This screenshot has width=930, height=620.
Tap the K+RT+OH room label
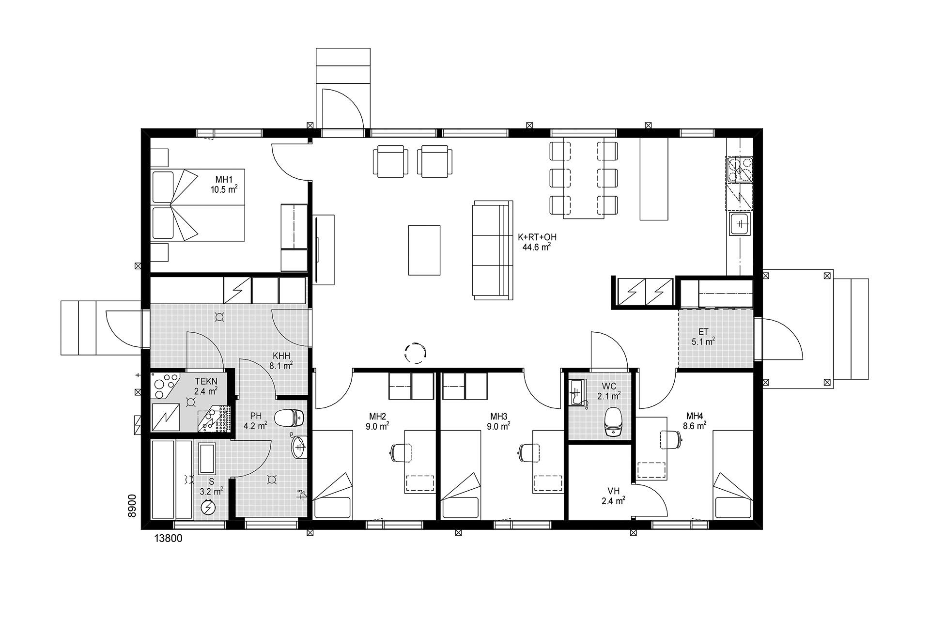(x=537, y=237)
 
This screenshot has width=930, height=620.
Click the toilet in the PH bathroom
(x=289, y=418)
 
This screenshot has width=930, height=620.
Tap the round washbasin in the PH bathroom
(x=299, y=446)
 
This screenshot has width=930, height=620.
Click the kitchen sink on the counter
(x=740, y=224)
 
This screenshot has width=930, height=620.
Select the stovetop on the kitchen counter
(x=740, y=169)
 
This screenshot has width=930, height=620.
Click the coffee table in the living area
(x=424, y=250)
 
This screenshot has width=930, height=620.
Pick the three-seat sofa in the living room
(x=492, y=248)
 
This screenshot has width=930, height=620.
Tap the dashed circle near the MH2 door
(x=416, y=353)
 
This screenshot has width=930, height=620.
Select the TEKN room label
(x=206, y=381)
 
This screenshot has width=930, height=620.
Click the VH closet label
(x=614, y=491)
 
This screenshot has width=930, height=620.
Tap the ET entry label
(x=703, y=332)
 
